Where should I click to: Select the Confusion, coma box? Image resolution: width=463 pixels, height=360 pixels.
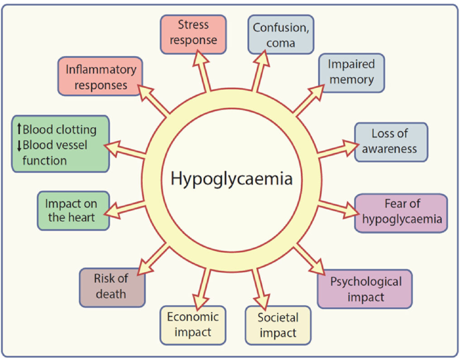click(x=280, y=34)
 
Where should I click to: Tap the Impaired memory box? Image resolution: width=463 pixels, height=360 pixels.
click(x=351, y=72)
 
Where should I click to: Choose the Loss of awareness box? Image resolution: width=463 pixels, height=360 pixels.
click(x=391, y=142)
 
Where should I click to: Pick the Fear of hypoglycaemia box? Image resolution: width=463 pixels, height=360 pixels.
click(x=401, y=213)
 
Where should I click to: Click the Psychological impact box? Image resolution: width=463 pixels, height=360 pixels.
click(x=365, y=289)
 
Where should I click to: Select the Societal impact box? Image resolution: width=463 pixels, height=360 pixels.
click(x=278, y=325)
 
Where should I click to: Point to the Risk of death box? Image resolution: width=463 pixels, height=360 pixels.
click(x=112, y=287)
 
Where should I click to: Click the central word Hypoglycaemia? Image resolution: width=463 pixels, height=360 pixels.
click(x=231, y=179)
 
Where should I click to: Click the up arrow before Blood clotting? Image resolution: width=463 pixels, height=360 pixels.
click(x=19, y=130)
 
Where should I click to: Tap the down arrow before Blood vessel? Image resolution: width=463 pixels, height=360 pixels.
click(x=19, y=145)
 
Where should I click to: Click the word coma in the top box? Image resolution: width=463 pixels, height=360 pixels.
click(x=280, y=43)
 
